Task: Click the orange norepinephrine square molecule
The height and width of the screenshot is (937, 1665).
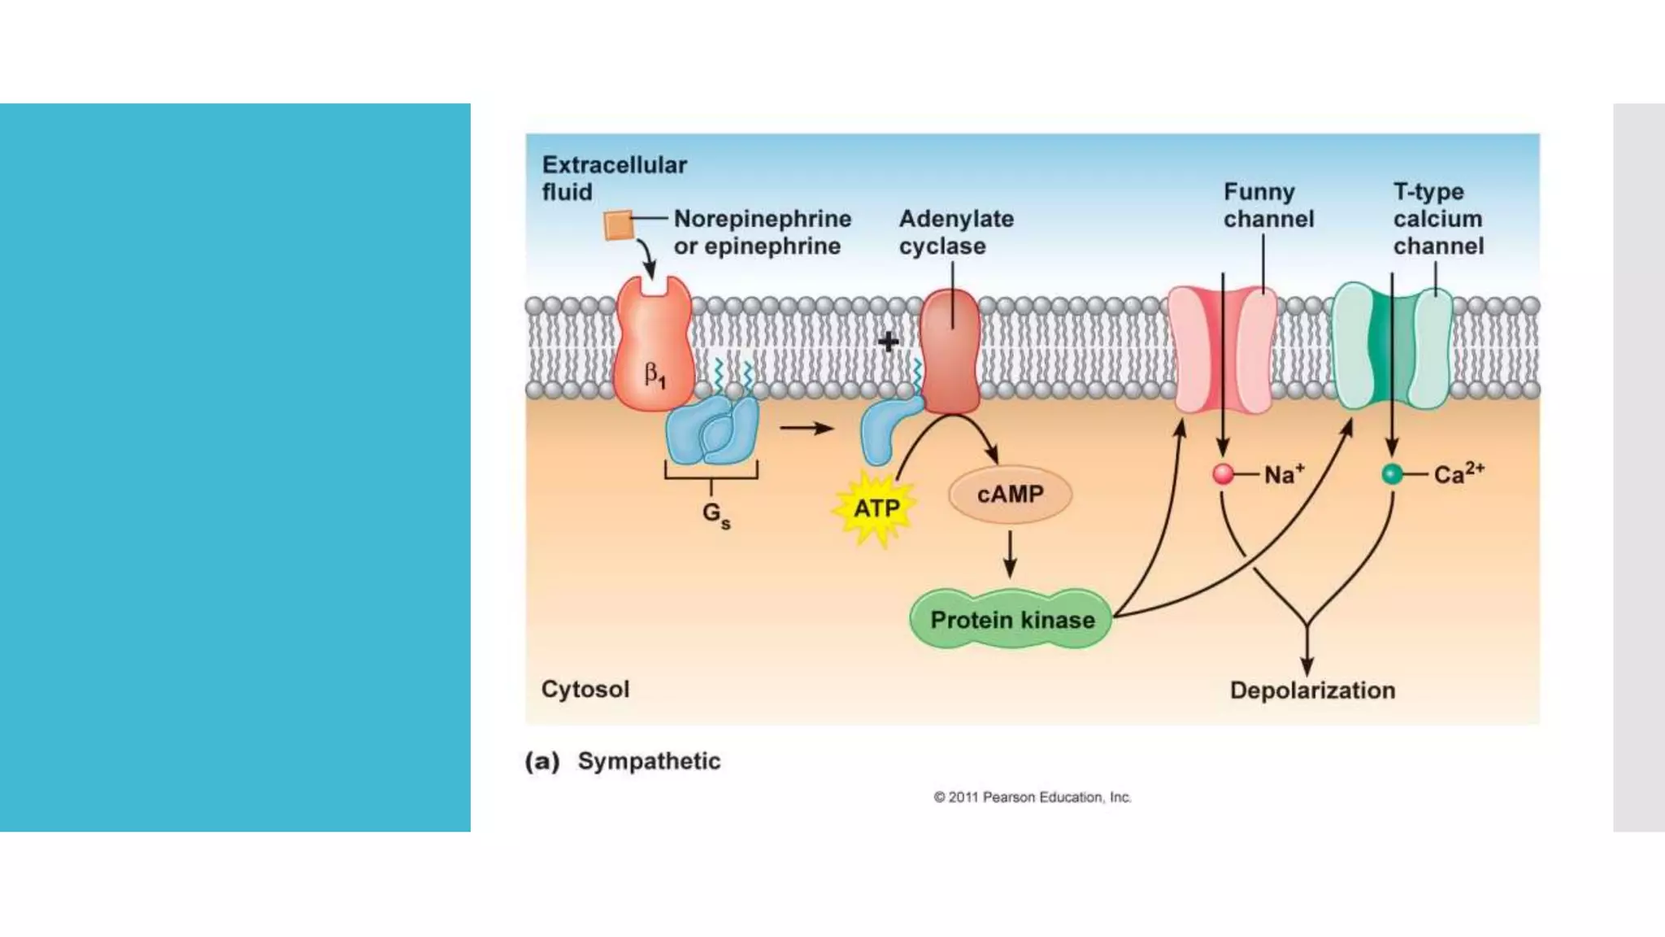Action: pyautogui.click(x=618, y=225)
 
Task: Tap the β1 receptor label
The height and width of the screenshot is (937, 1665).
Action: pyautogui.click(x=654, y=376)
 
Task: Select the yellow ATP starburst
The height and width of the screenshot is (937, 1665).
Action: pyautogui.click(x=876, y=508)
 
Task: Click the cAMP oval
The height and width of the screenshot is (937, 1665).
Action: pyautogui.click(x=1010, y=495)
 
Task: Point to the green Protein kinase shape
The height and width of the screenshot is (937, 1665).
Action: pyautogui.click(x=1011, y=620)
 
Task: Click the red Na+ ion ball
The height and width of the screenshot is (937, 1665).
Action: pyautogui.click(x=1223, y=474)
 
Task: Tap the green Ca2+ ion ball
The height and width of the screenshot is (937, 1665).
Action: pyautogui.click(x=1392, y=474)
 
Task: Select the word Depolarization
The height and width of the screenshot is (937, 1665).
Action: pyautogui.click(x=1312, y=691)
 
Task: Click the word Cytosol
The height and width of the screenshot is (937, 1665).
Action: pyautogui.click(x=585, y=689)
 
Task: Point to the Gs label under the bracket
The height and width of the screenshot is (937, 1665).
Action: pyautogui.click(x=715, y=514)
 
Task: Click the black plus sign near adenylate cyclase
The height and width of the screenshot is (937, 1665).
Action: pyautogui.click(x=889, y=342)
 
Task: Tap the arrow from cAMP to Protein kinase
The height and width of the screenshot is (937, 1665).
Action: pyautogui.click(x=1010, y=555)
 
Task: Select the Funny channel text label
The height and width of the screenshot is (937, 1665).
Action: pyautogui.click(x=1268, y=205)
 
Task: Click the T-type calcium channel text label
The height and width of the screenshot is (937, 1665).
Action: pyautogui.click(x=1438, y=218)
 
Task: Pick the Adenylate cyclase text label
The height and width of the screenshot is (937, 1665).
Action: pyautogui.click(x=956, y=232)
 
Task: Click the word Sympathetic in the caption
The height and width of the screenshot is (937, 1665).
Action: pyautogui.click(x=649, y=761)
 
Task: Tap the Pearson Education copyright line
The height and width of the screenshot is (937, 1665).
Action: pyautogui.click(x=1032, y=797)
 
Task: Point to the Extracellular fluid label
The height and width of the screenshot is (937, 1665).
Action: pyautogui.click(x=614, y=178)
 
